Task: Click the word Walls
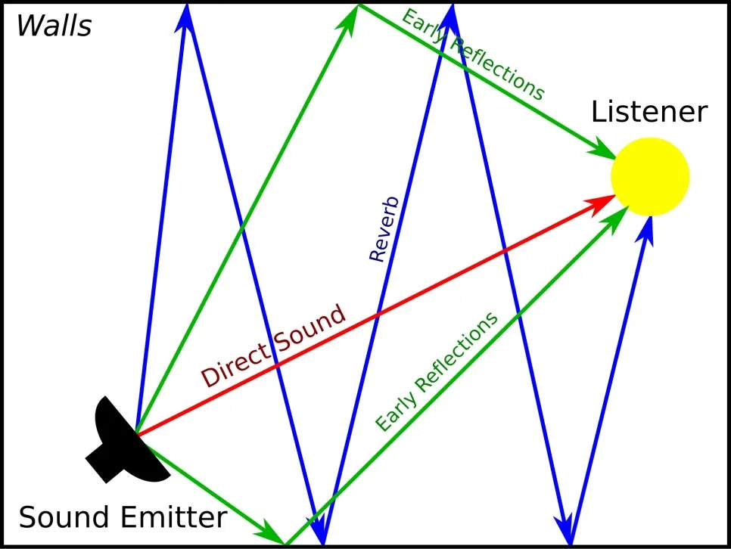pyautogui.click(x=54, y=26)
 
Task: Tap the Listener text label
pyautogui.click(x=649, y=112)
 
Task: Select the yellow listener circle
pyautogui.click(x=650, y=177)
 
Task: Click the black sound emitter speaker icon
pyautogui.click(x=126, y=440)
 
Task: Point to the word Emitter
pyautogui.click(x=173, y=517)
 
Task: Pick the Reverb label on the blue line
pyautogui.click(x=384, y=229)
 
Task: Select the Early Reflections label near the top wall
pyautogui.click(x=473, y=54)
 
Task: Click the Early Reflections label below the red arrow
pyautogui.click(x=437, y=372)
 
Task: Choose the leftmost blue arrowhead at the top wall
pyautogui.click(x=185, y=17)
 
